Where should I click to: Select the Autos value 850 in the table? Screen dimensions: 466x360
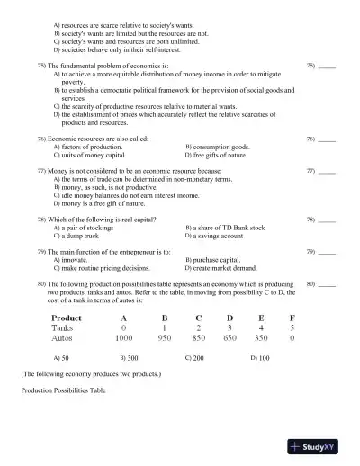[197, 338]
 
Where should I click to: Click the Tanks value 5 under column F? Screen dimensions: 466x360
[292, 328]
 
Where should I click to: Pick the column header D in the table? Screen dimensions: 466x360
[229, 318]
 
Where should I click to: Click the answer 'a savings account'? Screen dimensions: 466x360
[217, 235]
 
